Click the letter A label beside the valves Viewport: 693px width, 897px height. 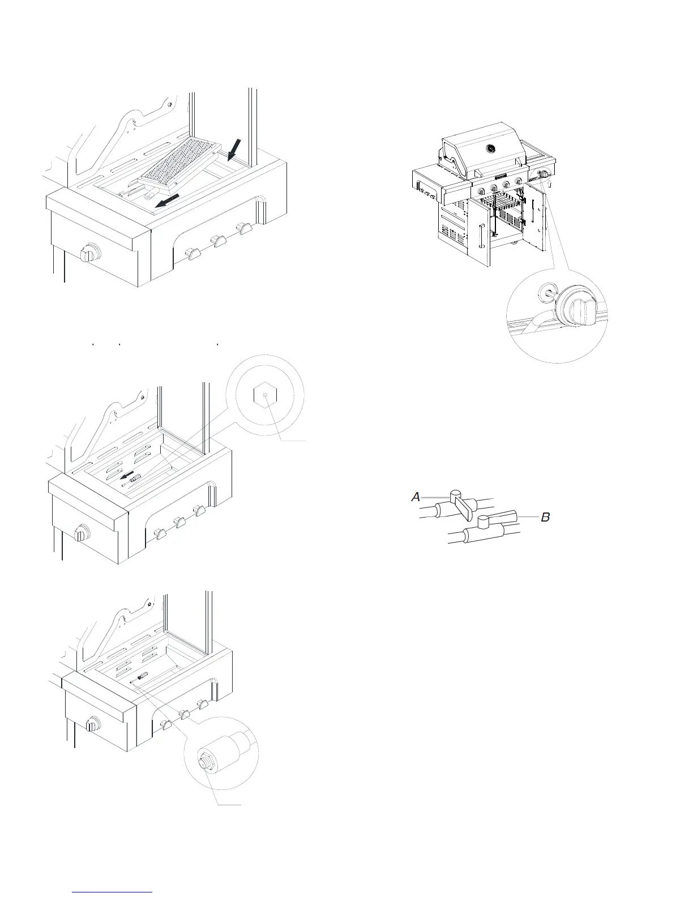pyautogui.click(x=416, y=497)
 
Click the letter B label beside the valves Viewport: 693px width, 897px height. pyautogui.click(x=545, y=517)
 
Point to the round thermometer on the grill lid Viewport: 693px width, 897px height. pyautogui.click(x=491, y=148)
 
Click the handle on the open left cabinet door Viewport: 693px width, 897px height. pyautogui.click(x=480, y=236)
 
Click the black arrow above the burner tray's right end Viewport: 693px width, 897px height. pyautogui.click(x=233, y=149)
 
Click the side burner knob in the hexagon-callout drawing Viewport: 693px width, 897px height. pyautogui.click(x=82, y=533)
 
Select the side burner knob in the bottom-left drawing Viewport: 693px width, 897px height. pyautogui.click(x=92, y=724)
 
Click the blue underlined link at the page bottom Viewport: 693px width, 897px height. pyautogui.click(x=113, y=892)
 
